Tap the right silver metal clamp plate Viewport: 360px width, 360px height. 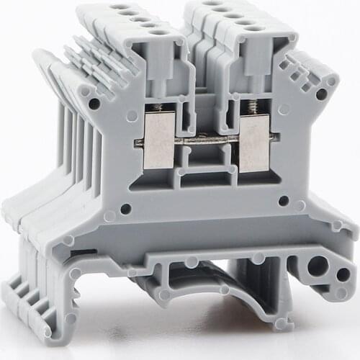tap(253, 144)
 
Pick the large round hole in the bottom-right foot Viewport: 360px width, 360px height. tap(317, 267)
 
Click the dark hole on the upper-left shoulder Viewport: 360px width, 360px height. tap(94, 104)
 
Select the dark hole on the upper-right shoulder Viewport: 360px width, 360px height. tap(320, 94)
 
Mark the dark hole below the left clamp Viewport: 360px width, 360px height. tap(126, 209)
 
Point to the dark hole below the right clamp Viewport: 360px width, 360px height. tap(284, 201)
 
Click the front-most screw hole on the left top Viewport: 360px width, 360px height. tap(158, 32)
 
